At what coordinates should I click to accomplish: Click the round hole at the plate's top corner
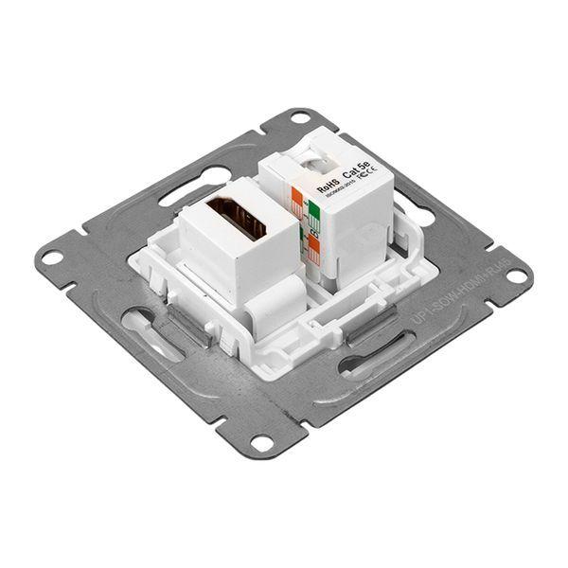[x=301, y=120]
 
